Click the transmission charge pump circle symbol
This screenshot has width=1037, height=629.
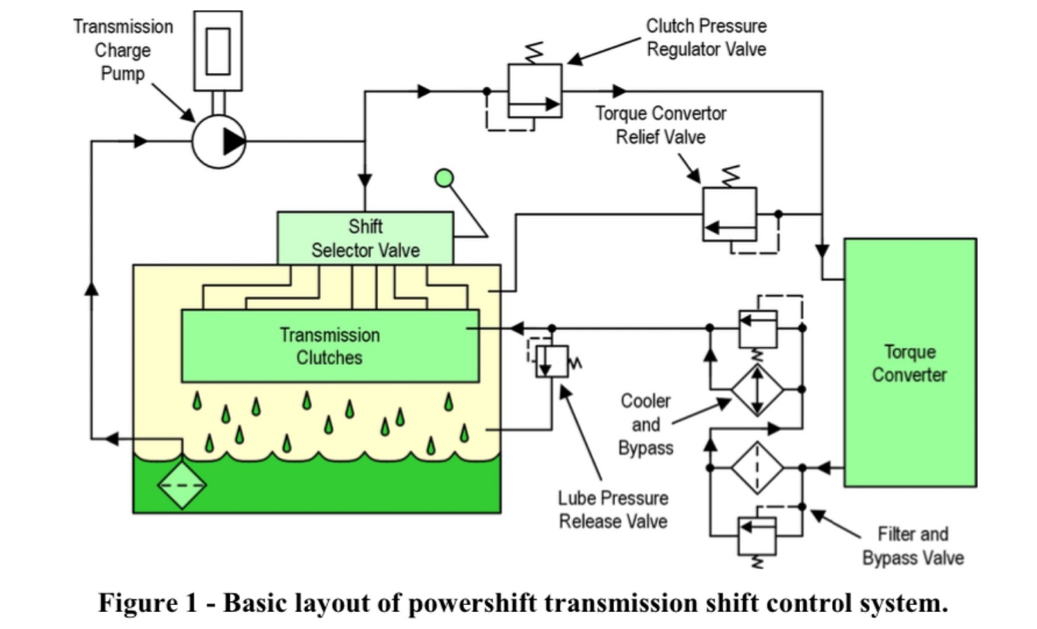pyautogui.click(x=218, y=141)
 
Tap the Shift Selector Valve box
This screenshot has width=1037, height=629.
pyautogui.click(x=365, y=238)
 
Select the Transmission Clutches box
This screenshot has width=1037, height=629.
pyautogui.click(x=330, y=346)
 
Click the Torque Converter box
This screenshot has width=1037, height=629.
pyautogui.click(x=910, y=363)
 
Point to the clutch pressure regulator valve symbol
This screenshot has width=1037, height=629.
pyautogui.click(x=535, y=90)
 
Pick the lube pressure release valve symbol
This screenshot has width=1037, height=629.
pyautogui.click(x=552, y=361)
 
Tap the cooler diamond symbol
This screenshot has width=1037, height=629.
pyautogui.click(x=758, y=389)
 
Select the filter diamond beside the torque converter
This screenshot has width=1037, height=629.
pyautogui.click(x=757, y=467)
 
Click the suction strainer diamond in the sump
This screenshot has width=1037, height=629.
pyautogui.click(x=182, y=485)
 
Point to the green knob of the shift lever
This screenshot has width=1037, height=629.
pyautogui.click(x=444, y=179)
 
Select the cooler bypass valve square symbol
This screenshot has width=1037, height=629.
pyautogui.click(x=757, y=328)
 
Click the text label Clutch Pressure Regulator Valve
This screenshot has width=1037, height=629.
pyautogui.click(x=706, y=37)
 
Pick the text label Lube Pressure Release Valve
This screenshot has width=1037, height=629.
pyautogui.click(x=613, y=509)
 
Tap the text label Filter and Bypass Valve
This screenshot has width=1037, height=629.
pyautogui.click(x=913, y=546)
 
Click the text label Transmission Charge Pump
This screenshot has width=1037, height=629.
pyautogui.click(x=123, y=50)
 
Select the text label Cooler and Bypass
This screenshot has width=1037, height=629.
pyautogui.click(x=645, y=425)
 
